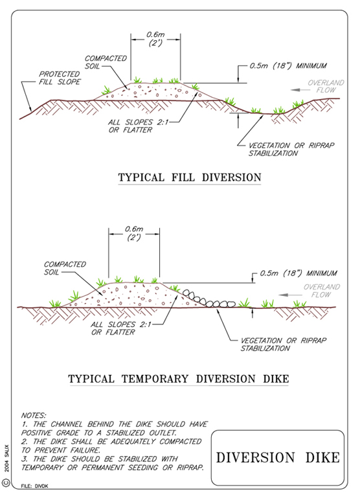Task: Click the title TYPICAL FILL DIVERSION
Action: click(x=190, y=177)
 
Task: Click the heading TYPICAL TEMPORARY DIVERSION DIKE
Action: click(x=179, y=379)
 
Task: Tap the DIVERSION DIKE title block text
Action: click(x=278, y=458)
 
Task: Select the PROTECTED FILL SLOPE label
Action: click(x=60, y=78)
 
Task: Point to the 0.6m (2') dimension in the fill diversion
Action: click(x=155, y=39)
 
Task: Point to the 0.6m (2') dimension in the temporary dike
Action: click(x=134, y=233)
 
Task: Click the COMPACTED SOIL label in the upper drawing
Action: click(x=106, y=62)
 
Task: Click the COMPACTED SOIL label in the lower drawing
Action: click(x=65, y=268)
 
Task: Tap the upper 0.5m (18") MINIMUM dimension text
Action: click(x=288, y=66)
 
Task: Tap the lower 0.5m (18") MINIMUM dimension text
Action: click(x=298, y=273)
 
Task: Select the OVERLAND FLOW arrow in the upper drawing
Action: click(x=300, y=90)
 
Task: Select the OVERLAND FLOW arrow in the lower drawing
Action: click(x=290, y=295)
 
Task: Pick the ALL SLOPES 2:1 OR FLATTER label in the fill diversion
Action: click(x=138, y=126)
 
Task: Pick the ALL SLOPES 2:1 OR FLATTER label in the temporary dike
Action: click(x=120, y=328)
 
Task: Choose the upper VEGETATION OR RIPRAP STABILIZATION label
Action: click(x=291, y=150)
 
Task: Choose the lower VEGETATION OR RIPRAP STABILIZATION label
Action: click(x=284, y=344)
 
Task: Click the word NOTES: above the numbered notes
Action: click(x=34, y=415)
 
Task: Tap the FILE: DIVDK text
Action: click(x=34, y=486)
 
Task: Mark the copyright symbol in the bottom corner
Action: click(x=6, y=483)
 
